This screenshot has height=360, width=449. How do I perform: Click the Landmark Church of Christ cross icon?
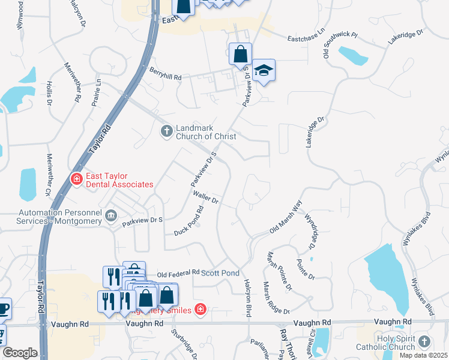pos(167,130)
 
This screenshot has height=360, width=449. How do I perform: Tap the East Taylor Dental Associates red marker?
pos(76,178)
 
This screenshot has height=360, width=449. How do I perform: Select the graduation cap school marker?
pos(263,71)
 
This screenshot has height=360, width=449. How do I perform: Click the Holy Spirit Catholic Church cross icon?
pos(424,341)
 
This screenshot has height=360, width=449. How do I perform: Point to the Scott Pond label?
pos(220,272)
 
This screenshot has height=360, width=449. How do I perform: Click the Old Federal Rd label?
pos(178,272)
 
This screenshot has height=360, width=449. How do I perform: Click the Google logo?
pos(20,353)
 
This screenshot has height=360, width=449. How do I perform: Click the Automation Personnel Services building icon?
pos(110,215)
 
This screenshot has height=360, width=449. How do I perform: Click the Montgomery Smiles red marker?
pos(200,310)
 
